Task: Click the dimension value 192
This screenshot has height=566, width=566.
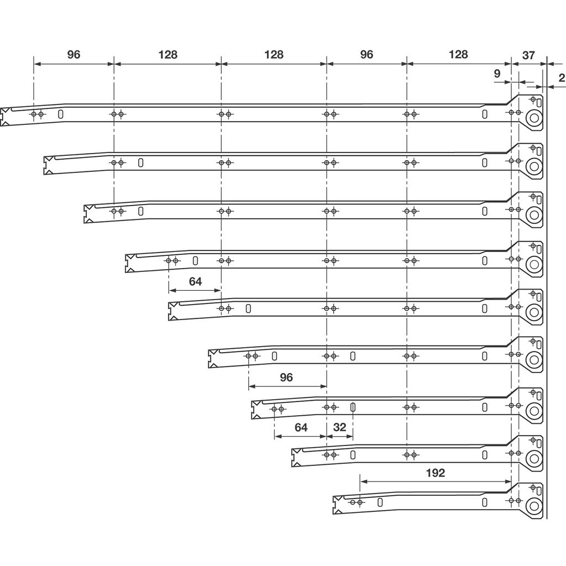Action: (436, 473)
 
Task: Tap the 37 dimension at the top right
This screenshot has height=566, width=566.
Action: (528, 55)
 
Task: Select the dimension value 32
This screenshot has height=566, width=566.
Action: (339, 427)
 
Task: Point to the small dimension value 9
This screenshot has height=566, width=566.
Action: (497, 74)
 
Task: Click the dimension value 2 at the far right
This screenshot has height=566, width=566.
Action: (562, 78)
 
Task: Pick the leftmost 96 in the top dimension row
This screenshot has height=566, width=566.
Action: (74, 55)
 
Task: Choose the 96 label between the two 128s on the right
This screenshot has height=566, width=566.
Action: (366, 55)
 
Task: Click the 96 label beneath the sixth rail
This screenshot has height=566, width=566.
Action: (286, 377)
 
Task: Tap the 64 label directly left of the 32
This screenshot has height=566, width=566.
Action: (301, 427)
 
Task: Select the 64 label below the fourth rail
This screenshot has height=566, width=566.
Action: (195, 281)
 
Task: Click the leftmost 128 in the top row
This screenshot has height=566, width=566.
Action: (168, 55)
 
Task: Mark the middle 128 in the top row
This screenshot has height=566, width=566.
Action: (274, 55)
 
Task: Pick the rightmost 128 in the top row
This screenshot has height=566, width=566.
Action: (458, 55)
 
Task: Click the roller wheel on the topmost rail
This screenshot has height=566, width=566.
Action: (534, 118)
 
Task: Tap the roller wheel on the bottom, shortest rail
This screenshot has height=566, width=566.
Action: (534, 506)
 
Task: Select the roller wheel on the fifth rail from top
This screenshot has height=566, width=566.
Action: (534, 312)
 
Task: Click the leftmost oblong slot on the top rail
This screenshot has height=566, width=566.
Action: (61, 114)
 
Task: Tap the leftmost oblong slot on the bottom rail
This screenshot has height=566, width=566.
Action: (380, 502)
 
